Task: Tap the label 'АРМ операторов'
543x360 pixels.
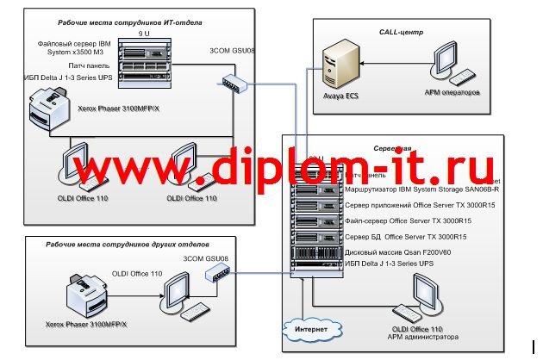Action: [x=452, y=91]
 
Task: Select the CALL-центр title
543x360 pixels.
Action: [x=401, y=32]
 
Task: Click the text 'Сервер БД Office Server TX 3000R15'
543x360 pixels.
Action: [x=405, y=236]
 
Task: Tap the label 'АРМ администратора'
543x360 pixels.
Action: [x=425, y=337]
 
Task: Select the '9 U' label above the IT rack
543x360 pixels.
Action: [x=144, y=33]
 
